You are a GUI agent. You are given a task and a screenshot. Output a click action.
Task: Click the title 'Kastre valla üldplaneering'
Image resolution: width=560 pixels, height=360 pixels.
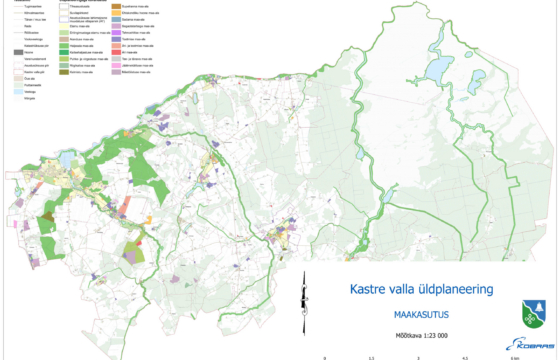[423, 290]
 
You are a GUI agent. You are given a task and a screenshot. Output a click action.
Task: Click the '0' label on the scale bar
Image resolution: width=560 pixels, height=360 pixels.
[325, 356]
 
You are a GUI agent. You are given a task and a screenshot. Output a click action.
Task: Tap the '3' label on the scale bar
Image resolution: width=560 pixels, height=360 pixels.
[419, 356]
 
